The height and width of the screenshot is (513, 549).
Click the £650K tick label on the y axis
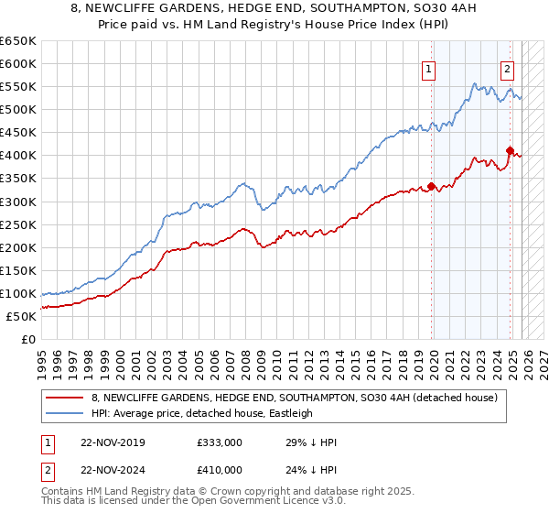pos(18,41)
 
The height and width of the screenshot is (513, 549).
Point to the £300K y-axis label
pos(18,202)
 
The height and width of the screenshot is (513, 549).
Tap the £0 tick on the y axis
pos(29,339)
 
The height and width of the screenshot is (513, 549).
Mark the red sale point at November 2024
pos(510,150)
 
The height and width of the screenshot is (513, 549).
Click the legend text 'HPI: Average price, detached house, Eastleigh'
pos(201,413)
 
